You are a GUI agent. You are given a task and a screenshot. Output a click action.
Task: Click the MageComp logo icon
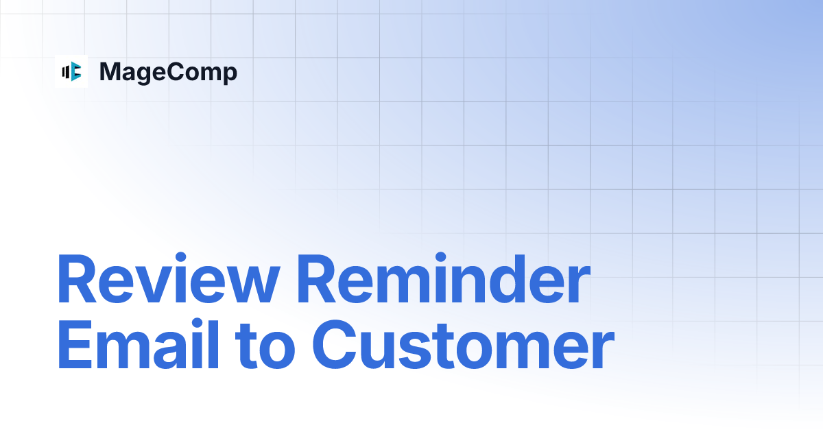point(71,71)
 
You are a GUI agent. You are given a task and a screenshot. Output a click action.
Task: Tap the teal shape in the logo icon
point(76,71)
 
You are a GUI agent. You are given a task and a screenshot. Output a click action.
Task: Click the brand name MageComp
point(168,72)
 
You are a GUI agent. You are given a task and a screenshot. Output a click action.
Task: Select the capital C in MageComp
point(174,72)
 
